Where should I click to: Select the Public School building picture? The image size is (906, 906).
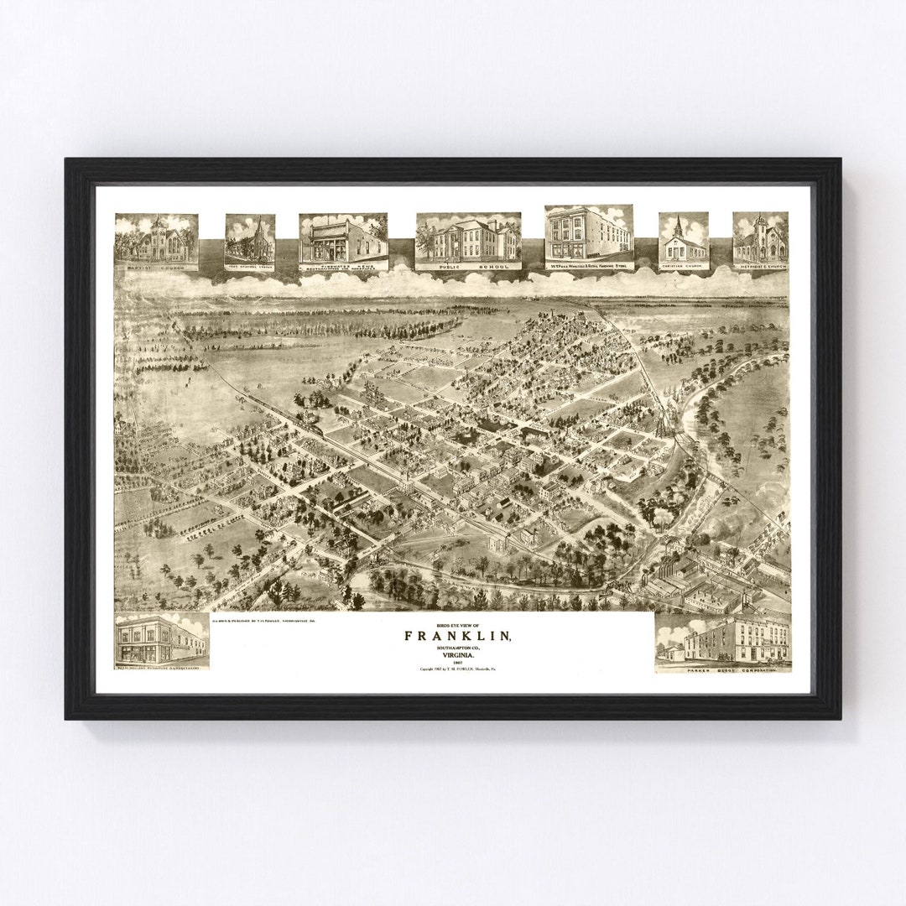[x=468, y=237]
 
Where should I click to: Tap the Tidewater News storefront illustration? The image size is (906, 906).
[x=343, y=237]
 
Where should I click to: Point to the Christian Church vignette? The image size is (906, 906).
[x=683, y=237]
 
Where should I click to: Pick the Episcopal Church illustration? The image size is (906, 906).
[x=250, y=237]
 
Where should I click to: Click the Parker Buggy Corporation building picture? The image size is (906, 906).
[x=722, y=639]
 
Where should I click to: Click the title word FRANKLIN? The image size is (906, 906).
[x=457, y=637]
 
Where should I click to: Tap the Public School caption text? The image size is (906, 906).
[x=468, y=265]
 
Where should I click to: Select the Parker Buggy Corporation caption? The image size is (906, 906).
[x=722, y=669]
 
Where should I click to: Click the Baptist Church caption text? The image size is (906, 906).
[x=156, y=267]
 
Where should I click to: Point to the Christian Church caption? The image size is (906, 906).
[x=683, y=267]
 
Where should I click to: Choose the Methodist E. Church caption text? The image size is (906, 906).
[x=760, y=266]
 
